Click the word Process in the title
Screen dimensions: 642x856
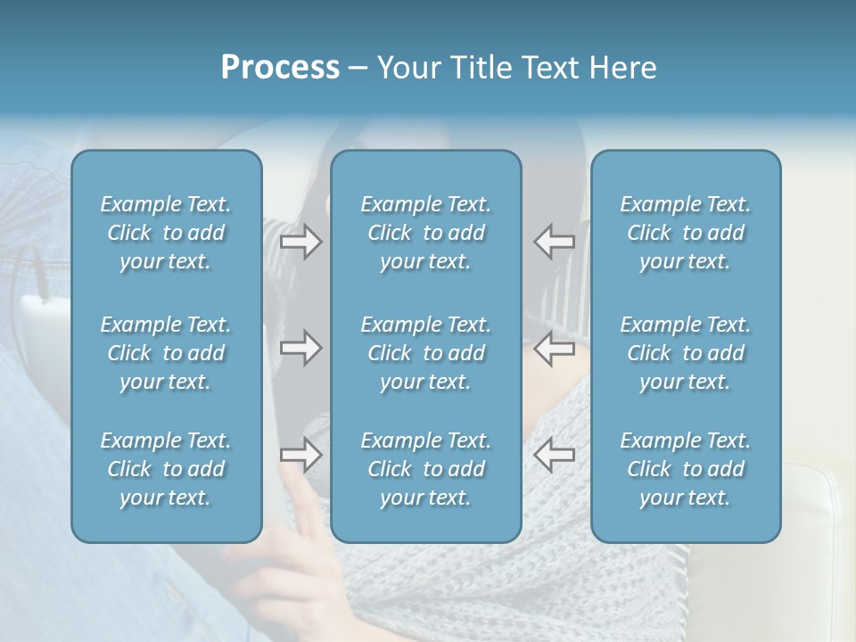(x=280, y=68)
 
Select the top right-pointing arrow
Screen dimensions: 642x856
(x=301, y=242)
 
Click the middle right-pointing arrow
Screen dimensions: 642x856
(x=301, y=348)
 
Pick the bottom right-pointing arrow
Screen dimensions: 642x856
(x=301, y=455)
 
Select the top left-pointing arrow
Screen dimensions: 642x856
(x=555, y=242)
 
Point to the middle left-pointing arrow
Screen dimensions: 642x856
(x=555, y=348)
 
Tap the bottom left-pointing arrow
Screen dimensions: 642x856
(x=555, y=455)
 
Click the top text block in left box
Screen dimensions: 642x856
(x=166, y=233)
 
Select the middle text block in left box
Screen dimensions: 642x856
(x=166, y=353)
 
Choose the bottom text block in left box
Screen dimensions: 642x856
(x=166, y=469)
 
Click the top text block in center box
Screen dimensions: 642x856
(x=425, y=233)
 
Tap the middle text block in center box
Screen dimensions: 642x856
(x=425, y=353)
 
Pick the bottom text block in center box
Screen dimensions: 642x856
(x=425, y=469)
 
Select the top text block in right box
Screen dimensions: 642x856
(x=685, y=233)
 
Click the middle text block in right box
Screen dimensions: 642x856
(x=685, y=353)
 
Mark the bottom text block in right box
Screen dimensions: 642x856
(x=685, y=469)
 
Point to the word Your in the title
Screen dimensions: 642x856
(x=407, y=68)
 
